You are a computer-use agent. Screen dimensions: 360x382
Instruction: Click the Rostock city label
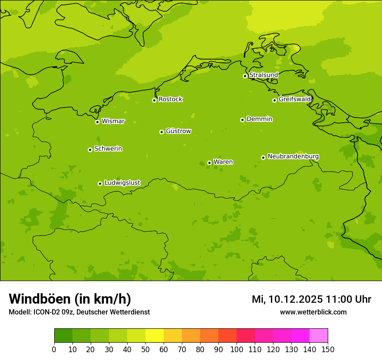[170, 99]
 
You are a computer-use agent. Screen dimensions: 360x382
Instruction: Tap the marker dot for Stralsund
[245, 76]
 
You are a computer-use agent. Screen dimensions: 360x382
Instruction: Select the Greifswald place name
[294, 99]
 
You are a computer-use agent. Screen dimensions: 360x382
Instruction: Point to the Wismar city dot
[97, 122]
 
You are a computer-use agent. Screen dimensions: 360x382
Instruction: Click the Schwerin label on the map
[108, 149]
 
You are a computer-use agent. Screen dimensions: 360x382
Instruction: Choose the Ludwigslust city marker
[100, 183]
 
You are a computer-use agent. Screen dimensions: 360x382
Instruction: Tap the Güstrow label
[178, 131]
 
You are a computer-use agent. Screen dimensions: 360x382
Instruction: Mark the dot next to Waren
[209, 163]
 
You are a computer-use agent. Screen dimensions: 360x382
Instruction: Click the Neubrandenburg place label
[293, 156]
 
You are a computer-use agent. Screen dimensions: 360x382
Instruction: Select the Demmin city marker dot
[242, 120]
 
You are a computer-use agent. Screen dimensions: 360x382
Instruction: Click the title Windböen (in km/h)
[70, 299]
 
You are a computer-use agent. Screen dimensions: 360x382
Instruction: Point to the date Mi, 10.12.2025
[287, 299]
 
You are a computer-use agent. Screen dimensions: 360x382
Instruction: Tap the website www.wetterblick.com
[313, 312]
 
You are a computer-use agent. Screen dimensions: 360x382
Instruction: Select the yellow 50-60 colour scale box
[155, 335]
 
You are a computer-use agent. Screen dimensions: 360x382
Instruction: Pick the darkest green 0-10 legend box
[63, 335]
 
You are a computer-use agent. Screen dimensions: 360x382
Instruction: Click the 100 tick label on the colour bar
[237, 349]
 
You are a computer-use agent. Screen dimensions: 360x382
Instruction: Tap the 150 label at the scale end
[327, 349]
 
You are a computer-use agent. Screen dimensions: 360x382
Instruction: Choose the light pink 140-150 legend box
[319, 335]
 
